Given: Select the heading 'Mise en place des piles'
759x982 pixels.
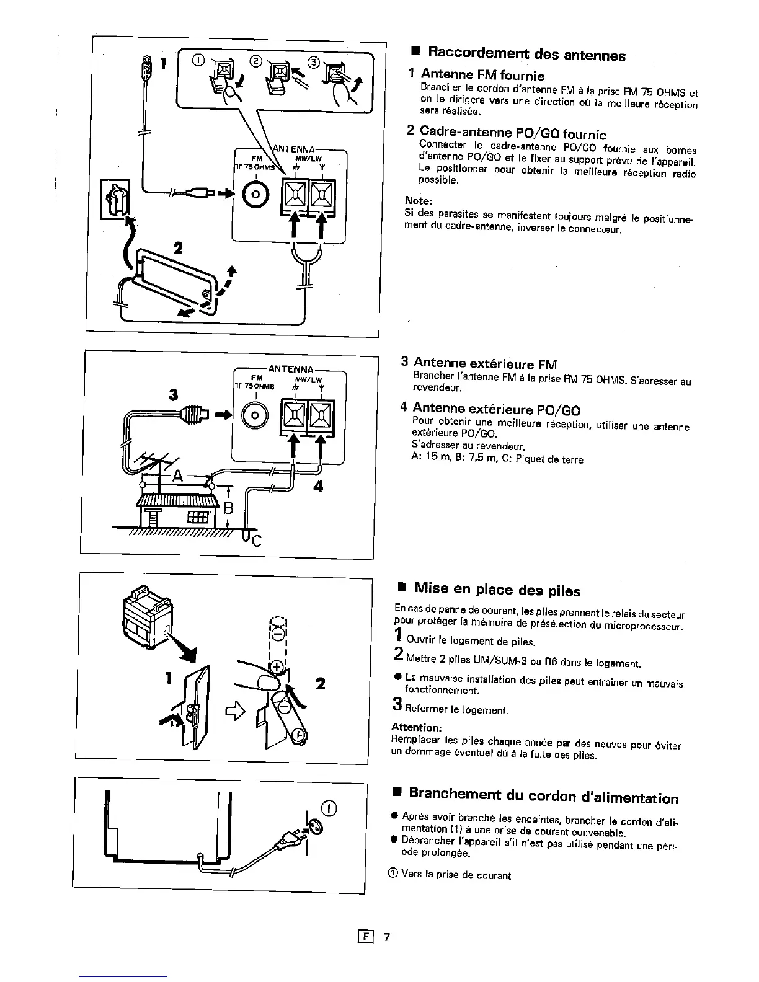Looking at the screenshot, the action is [x=497, y=588].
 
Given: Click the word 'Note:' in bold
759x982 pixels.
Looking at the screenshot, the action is [x=418, y=201].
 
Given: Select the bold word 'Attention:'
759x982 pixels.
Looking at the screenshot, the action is [x=416, y=727].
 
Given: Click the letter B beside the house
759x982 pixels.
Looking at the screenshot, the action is [x=228, y=508].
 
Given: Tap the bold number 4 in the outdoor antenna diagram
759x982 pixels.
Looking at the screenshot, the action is [x=318, y=487].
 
